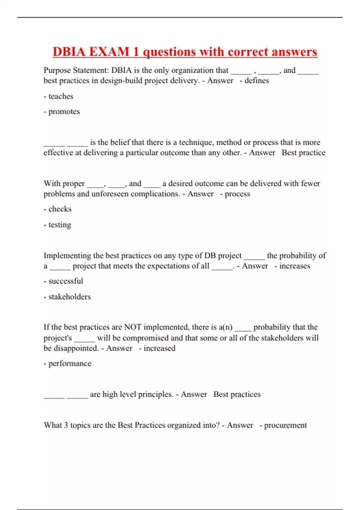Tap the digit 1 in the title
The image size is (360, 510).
coord(136,52)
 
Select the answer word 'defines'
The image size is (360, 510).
coord(256,81)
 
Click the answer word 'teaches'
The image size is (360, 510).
coord(61,96)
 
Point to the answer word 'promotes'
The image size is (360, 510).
coord(64,112)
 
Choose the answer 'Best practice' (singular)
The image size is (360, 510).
coord(303,153)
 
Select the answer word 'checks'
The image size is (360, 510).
coord(60,209)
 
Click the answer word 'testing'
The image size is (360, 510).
coord(60,225)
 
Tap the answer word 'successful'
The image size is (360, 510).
coord(66,281)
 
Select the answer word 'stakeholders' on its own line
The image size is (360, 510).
coord(70,297)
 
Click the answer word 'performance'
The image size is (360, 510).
coord(70,364)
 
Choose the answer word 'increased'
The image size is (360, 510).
coord(159,348)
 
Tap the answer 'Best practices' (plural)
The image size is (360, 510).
coord(237,394)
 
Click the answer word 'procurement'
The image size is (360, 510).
coord(285,425)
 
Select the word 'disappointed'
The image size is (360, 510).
coord(76,348)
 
